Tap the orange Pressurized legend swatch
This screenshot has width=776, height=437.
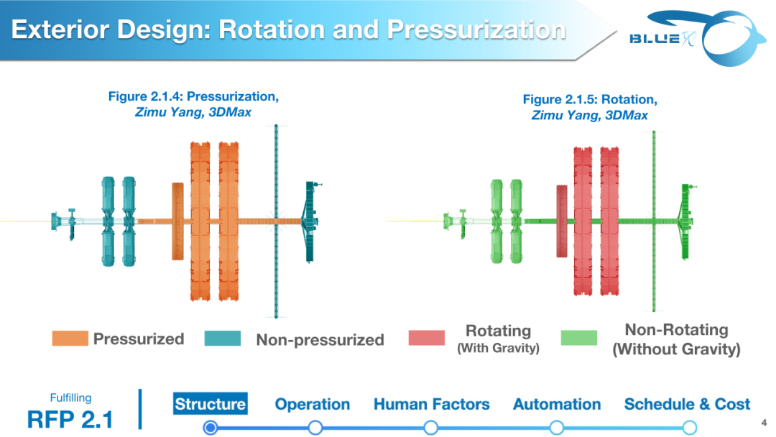pyautogui.click(x=70, y=339)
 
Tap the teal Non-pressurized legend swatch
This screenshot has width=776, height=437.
pyautogui.click(x=223, y=339)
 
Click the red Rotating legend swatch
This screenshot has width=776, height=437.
pyautogui.click(x=427, y=339)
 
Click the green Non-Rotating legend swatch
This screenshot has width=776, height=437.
pyautogui.click(x=579, y=339)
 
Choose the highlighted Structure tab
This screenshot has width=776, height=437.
pyautogui.click(x=210, y=404)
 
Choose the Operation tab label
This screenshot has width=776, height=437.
pyautogui.click(x=313, y=405)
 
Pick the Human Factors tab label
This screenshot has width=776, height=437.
pyautogui.click(x=431, y=405)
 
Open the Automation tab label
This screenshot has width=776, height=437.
pyautogui.click(x=557, y=405)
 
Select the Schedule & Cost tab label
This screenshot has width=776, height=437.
pyautogui.click(x=687, y=405)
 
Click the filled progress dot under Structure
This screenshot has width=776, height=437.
pyautogui.click(x=210, y=428)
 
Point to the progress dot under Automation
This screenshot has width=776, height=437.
pyautogui.click(x=556, y=428)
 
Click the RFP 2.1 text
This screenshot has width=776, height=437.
pyautogui.click(x=70, y=419)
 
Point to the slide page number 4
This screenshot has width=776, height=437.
pyautogui.click(x=762, y=422)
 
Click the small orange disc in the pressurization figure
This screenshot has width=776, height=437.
pyautogui.click(x=177, y=221)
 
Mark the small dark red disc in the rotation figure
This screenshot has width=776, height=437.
pyautogui.click(x=562, y=221)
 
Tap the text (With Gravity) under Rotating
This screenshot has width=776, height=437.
pyautogui.click(x=498, y=349)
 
